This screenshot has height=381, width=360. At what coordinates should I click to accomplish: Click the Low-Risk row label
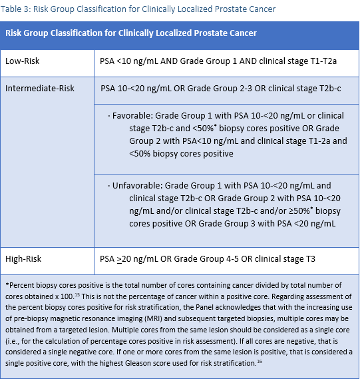tap(22, 61)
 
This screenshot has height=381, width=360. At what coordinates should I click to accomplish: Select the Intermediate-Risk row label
tap(40, 88)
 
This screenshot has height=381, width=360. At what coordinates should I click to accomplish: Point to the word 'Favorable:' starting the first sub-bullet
tap(132, 115)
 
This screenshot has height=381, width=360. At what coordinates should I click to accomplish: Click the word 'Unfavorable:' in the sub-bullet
tap(137, 186)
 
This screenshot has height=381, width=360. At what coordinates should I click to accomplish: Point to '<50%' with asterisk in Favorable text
tap(190, 128)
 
